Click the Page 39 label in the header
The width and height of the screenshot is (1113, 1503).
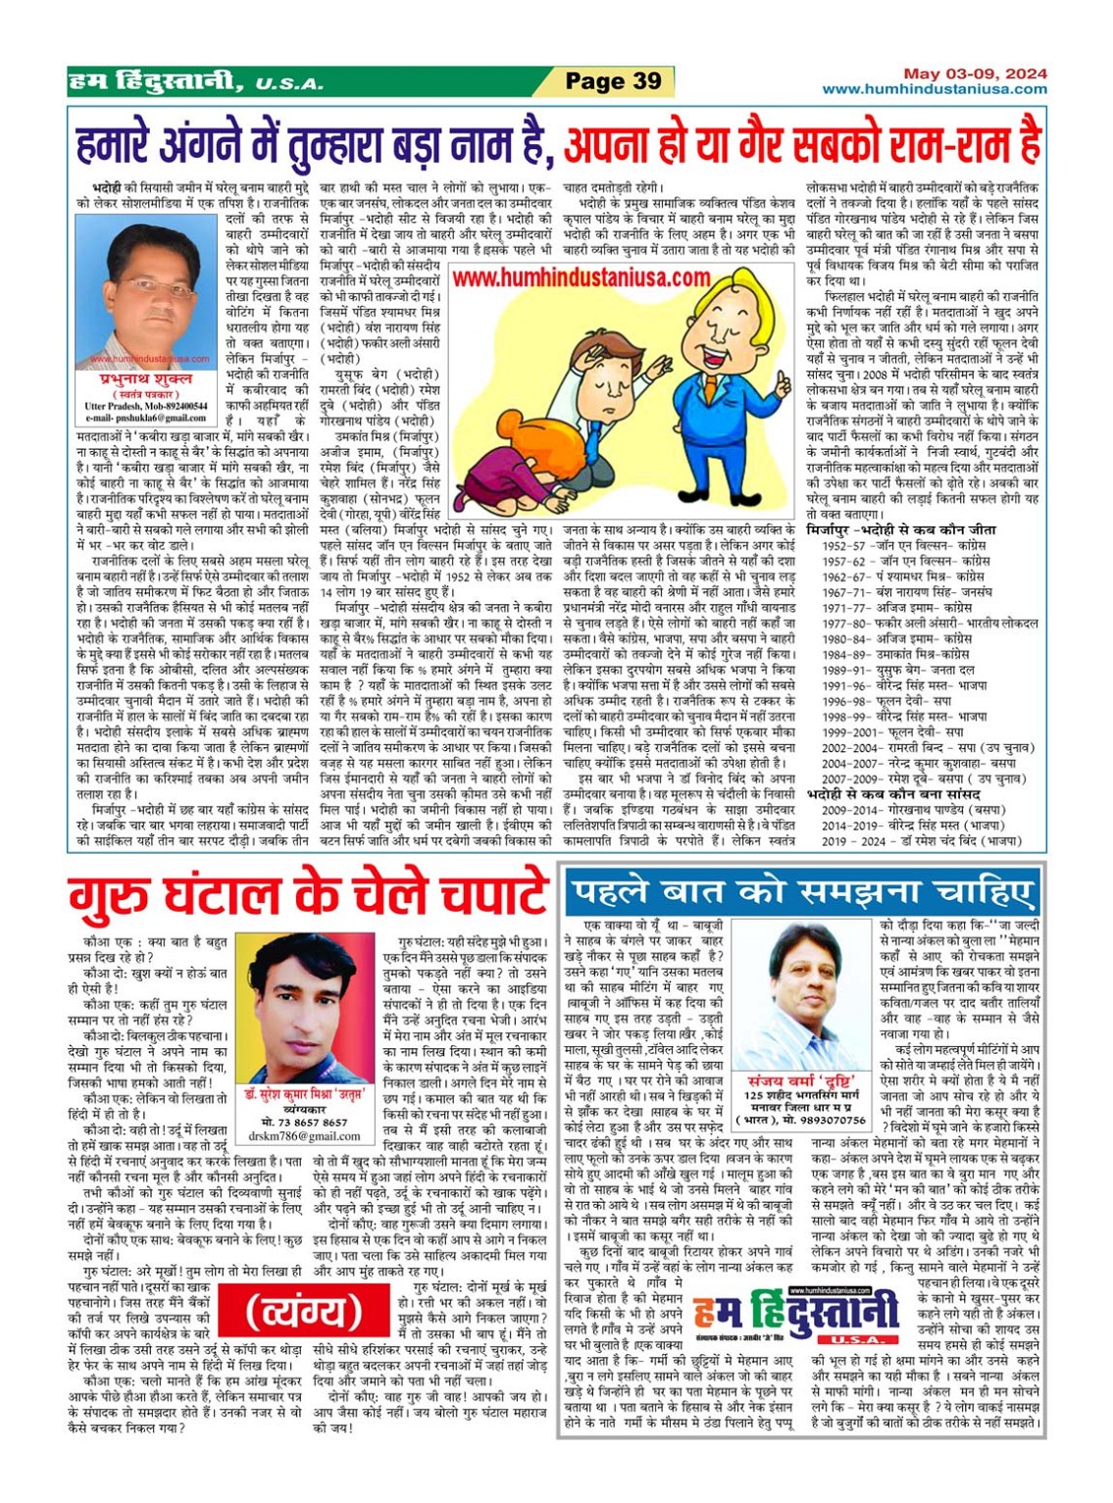click(613, 81)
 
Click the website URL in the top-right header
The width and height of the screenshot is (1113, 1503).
click(934, 89)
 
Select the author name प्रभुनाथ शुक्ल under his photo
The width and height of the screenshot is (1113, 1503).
click(146, 378)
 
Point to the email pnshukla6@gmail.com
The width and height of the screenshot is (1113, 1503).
click(146, 418)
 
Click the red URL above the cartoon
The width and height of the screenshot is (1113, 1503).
click(582, 277)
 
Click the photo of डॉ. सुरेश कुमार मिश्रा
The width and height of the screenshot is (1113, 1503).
click(304, 1010)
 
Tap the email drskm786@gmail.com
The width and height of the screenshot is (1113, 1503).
click(304, 1136)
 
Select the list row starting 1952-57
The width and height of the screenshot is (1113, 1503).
click(902, 546)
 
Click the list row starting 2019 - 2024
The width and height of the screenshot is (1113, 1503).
click(922, 840)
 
